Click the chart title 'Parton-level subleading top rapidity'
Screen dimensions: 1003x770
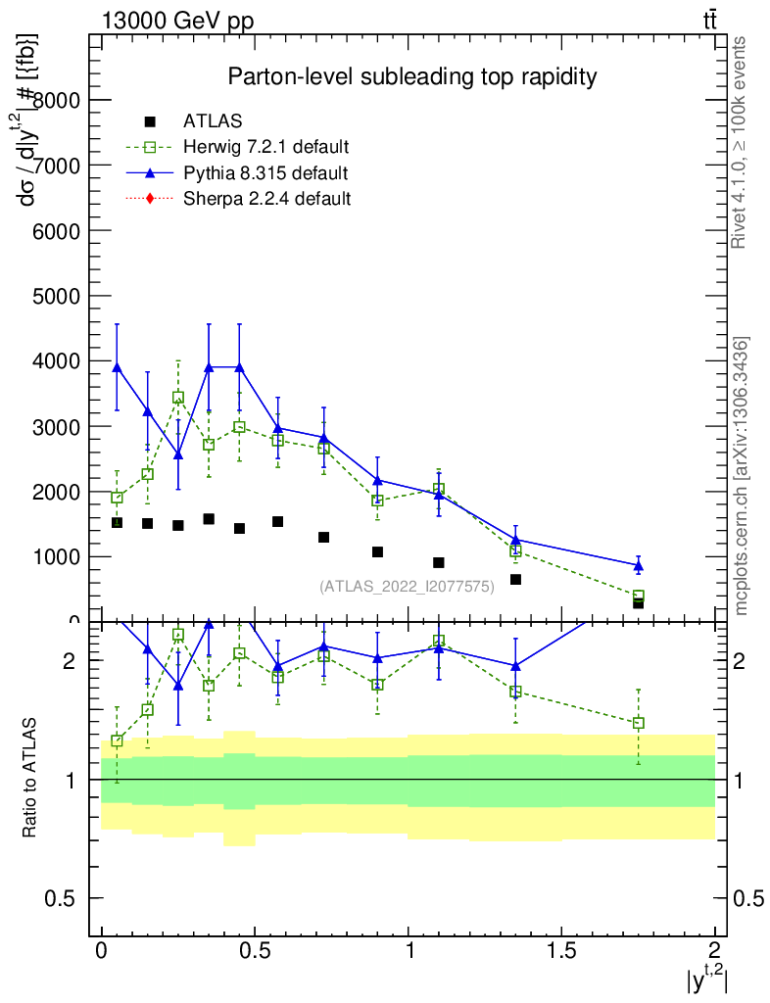click(411, 76)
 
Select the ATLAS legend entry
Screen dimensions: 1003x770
click(213, 122)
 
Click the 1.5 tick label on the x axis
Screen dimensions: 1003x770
click(561, 951)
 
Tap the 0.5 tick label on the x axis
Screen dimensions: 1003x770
click(255, 951)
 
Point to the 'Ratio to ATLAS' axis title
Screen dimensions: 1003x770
click(29, 778)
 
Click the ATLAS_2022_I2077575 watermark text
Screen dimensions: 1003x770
click(407, 586)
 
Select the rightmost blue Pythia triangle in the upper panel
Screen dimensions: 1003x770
click(638, 565)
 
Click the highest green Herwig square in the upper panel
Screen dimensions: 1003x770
click(178, 398)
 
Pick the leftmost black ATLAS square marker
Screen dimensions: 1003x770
click(117, 522)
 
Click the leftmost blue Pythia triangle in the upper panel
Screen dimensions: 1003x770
click(117, 367)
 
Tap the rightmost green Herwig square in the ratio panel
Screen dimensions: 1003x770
click(638, 723)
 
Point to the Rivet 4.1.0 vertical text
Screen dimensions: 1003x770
click(742, 142)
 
